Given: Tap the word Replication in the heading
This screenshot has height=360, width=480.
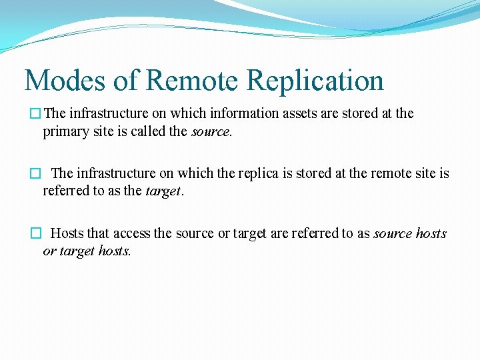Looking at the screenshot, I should coord(315,81).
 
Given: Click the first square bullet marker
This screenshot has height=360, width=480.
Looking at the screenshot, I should coord(35,114).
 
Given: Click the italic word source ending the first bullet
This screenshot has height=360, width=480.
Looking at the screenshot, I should coord(211,131).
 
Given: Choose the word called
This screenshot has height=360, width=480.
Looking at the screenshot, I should coord(149,131).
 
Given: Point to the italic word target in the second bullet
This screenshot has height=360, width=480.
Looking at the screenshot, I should coord(163,191).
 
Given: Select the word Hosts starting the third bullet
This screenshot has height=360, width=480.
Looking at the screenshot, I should coord(67,233).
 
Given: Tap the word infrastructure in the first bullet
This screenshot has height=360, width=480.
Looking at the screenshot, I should coord(108,113).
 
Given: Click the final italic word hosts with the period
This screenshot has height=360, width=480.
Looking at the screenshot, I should coord(115,251).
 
